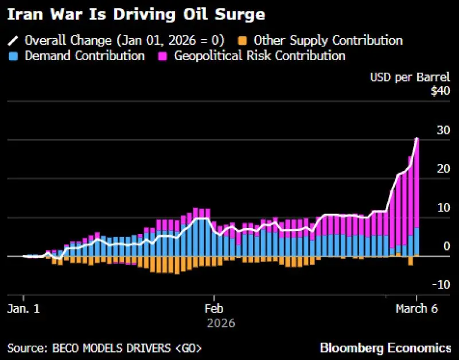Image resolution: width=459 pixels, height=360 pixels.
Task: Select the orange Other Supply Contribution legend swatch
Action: (243, 41)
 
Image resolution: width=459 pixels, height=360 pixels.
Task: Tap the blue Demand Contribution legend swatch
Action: (14, 56)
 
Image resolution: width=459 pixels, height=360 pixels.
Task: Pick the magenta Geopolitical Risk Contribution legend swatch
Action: (163, 56)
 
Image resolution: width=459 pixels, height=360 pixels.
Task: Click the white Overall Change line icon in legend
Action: (14, 41)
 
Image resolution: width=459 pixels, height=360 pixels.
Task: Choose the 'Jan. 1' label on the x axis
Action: (24, 308)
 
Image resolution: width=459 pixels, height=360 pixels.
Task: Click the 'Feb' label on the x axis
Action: (214, 308)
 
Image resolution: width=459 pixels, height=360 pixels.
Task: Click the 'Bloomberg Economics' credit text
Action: (386, 347)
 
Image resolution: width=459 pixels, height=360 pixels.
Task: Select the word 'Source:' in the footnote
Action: (26, 348)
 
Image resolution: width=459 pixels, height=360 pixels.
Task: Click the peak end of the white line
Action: (417, 138)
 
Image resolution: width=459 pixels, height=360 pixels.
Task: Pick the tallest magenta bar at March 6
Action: (417, 183)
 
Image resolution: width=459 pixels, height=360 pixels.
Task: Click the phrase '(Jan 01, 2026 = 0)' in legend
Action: (169, 41)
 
